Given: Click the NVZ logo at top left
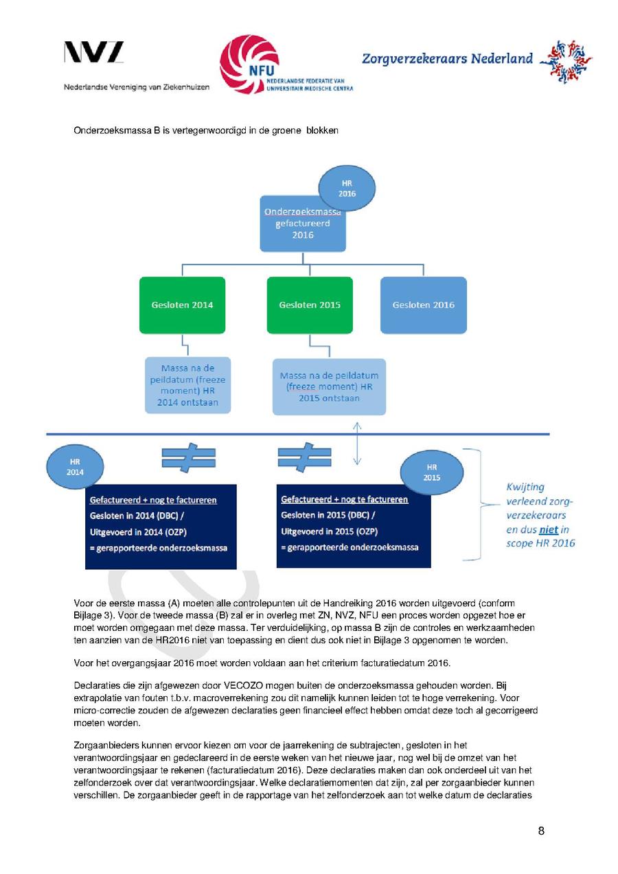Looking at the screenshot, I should coord(94,53).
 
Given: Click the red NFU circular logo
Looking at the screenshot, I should coord(249,65).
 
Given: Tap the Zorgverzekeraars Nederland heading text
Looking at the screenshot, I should coord(447,58).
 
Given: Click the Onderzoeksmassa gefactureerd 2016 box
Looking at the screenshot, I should coord(302,225).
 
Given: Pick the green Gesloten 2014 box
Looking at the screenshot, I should coord(182,305).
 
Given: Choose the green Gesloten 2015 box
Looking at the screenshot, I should coord(310,305).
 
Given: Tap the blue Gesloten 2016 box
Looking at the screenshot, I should coord(423,305).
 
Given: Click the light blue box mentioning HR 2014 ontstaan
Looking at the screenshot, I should coord(187,385).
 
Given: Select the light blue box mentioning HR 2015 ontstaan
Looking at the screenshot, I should coord(329,387).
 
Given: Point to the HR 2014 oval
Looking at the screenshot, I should coord(75,467).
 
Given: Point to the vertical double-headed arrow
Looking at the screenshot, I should coord(356,445).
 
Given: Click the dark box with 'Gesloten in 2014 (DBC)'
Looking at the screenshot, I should coord(161,527).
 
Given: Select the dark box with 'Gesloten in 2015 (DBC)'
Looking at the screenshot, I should coord(353,527).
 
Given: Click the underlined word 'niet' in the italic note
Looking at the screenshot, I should coord(548,529).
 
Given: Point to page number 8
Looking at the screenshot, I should coord(541,831).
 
